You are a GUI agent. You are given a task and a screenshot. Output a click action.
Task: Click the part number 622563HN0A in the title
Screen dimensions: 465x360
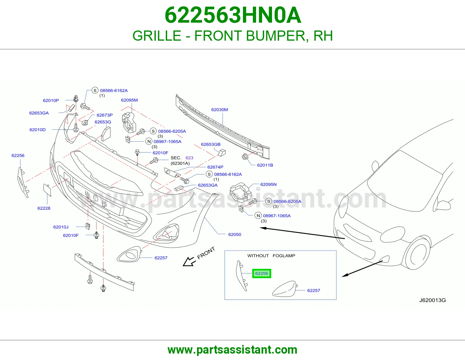[x=233, y=15]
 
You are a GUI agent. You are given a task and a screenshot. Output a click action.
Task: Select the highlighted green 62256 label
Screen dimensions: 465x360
[x=262, y=273]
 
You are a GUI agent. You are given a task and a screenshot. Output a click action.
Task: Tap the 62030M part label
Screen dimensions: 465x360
[x=219, y=110]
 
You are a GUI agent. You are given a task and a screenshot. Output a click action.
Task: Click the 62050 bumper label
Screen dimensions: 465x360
[x=235, y=235]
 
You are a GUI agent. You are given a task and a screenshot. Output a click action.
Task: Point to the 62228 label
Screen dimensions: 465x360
[x=44, y=208]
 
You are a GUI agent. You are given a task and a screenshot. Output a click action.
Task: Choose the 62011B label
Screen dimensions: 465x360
[x=265, y=165]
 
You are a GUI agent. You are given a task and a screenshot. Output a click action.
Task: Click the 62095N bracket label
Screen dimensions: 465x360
[x=268, y=184]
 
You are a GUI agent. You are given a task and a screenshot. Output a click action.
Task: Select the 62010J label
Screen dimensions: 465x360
[x=61, y=227]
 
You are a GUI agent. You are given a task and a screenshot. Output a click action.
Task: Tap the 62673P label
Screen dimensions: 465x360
[x=105, y=115]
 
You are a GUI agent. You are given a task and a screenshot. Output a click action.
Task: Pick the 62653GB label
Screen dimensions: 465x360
[x=211, y=144]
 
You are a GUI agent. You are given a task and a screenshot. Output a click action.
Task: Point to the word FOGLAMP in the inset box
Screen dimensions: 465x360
[x=284, y=256]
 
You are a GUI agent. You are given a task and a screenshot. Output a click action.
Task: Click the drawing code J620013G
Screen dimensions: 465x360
[x=432, y=300]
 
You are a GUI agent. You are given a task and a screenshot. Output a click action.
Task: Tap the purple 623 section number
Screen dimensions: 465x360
[x=189, y=158]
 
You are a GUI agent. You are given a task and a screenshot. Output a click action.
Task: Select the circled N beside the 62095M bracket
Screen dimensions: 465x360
[x=149, y=141]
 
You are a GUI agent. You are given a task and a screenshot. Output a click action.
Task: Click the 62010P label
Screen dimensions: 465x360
[x=51, y=100]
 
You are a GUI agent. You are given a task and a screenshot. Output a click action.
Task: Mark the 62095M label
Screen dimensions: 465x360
[x=129, y=100]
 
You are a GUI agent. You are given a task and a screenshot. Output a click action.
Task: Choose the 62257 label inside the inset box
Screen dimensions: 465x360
[x=314, y=291]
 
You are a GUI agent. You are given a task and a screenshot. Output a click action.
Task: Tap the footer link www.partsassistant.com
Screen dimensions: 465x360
[x=233, y=350]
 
